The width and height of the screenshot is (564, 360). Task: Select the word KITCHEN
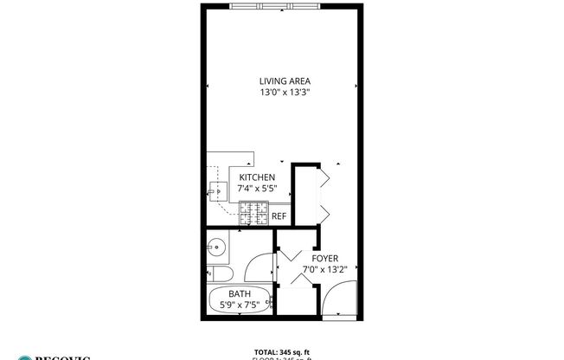(257, 177)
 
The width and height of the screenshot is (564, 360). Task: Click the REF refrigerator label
(279, 216)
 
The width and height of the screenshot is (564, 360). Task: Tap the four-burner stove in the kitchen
(253, 210)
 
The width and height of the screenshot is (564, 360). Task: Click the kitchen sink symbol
(214, 188)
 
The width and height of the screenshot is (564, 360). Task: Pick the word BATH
(240, 294)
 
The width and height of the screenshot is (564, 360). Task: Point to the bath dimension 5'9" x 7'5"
(240, 305)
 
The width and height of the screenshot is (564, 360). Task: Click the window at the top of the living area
(275, 6)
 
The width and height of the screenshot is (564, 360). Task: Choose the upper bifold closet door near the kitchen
(323, 180)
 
